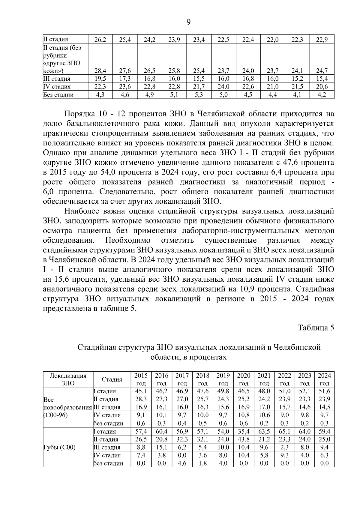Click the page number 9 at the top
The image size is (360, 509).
(188, 22)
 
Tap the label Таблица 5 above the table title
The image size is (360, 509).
(316, 328)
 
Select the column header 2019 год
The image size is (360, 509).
(223, 379)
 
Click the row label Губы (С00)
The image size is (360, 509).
(60, 447)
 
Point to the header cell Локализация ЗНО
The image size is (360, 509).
(68, 379)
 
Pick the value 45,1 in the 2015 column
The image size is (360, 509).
(141, 391)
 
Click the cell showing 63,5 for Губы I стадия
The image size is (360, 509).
(264, 432)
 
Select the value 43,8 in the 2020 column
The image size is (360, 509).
(244, 439)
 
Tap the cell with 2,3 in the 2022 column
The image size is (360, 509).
(284, 447)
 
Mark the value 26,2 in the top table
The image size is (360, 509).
(100, 39)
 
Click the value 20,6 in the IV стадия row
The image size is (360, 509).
(322, 87)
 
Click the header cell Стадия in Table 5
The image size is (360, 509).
(112, 379)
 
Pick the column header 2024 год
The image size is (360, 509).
(324, 379)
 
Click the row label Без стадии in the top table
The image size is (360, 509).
(58, 95)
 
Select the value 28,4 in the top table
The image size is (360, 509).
(100, 71)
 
